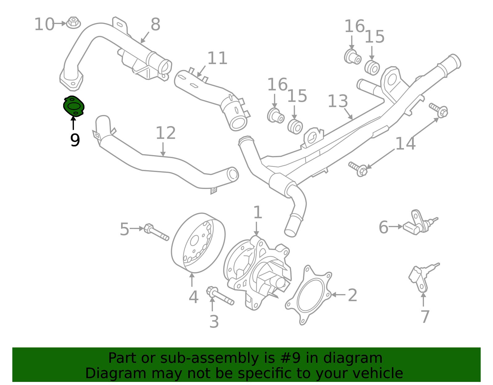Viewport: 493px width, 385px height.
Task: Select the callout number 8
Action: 156,24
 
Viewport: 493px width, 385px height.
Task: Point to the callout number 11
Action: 217,58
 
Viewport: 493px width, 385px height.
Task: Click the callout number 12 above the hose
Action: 165,133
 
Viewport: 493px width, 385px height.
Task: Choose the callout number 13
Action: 338,101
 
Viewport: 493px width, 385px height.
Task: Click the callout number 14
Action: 405,144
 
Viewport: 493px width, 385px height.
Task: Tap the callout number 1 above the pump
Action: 258,212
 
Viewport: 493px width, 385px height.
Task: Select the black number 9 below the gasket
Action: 75,140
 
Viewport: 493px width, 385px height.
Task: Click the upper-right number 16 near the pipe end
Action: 354,26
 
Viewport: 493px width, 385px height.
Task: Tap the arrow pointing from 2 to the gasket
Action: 338,295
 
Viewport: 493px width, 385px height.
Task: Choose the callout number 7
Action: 425,317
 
